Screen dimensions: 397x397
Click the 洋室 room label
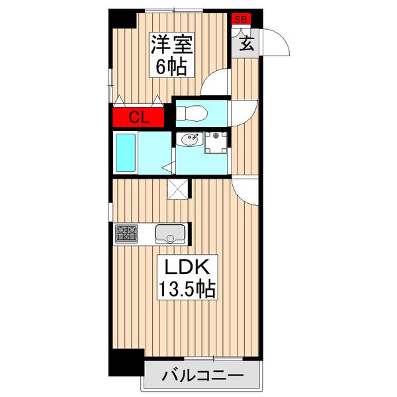pyautogui.click(x=171, y=46)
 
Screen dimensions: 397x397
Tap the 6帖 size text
pyautogui.click(x=171, y=66)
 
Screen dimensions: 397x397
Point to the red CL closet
pyautogui.click(x=137, y=118)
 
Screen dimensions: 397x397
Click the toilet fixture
pyautogui.click(x=192, y=112)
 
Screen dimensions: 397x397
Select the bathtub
pyautogui.click(x=125, y=153)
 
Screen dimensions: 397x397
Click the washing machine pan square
pyautogui.click(x=216, y=141)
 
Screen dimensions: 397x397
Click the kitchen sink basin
pyautogui.click(x=170, y=234)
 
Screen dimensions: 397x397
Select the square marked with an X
pyautogui.click(x=177, y=189)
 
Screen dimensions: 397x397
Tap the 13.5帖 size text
pyautogui.click(x=185, y=288)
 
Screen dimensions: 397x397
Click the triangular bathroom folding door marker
pyautogui.click(x=168, y=168)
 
